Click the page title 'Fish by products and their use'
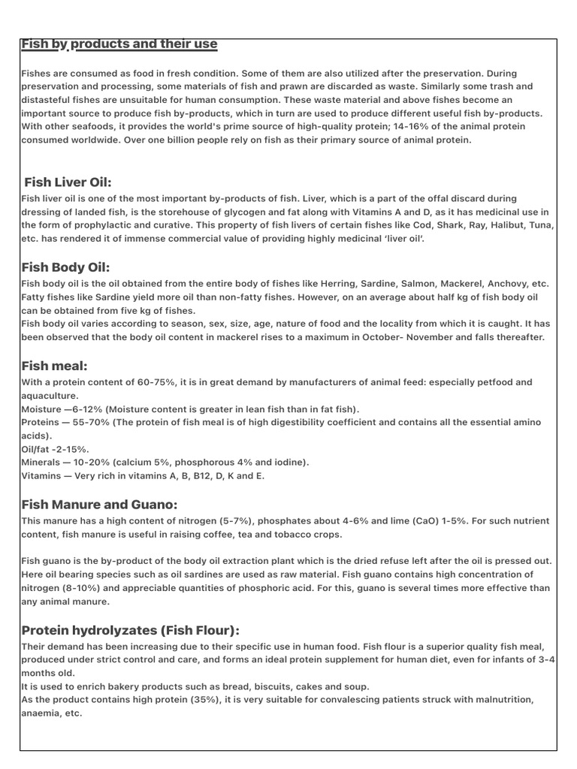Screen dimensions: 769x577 tap(119, 44)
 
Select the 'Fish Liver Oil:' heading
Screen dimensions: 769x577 tap(68, 182)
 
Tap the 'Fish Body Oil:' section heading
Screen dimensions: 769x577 tap(66, 267)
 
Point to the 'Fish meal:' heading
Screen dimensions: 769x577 tap(55, 366)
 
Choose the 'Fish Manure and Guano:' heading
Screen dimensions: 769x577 tap(99, 505)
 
